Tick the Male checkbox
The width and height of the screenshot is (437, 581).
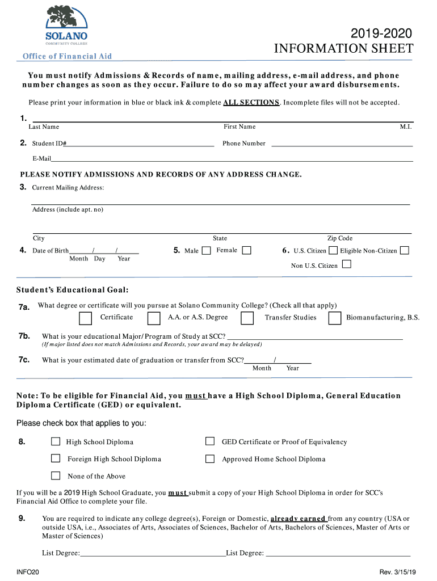[x=207, y=250]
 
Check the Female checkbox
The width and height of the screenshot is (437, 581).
[x=246, y=250]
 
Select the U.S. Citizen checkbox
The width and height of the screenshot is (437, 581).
[x=333, y=250]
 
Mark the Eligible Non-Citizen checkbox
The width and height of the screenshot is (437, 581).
[x=405, y=250]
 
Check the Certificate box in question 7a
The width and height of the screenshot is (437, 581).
[x=86, y=318]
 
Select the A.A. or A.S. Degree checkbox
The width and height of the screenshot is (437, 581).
[x=154, y=318]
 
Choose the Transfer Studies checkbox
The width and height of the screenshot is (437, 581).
[x=247, y=318]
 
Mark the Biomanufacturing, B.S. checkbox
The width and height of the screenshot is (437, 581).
[x=335, y=318]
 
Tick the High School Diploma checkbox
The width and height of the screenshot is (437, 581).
[x=56, y=441]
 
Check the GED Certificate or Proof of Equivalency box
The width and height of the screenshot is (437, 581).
[x=210, y=441]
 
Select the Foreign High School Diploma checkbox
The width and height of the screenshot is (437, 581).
[x=56, y=458]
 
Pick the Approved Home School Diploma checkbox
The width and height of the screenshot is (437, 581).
[x=210, y=458]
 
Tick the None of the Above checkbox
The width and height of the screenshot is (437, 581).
[x=56, y=475]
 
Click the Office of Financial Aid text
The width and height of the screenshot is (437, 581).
[x=67, y=56]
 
